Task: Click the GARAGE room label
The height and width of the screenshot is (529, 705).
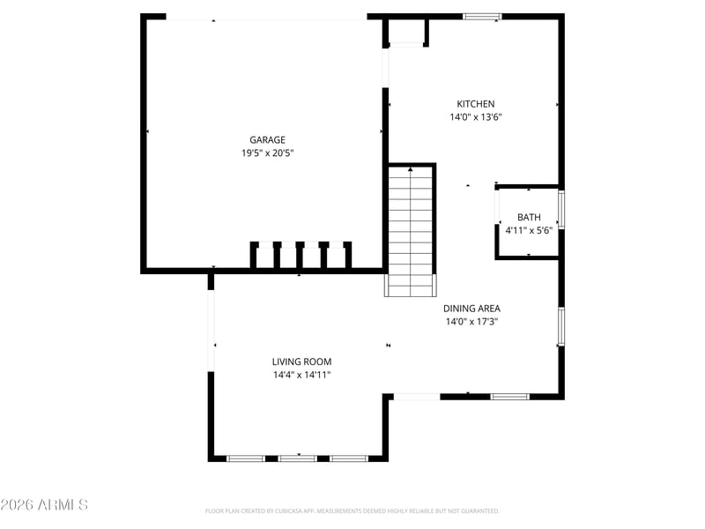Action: click(268, 140)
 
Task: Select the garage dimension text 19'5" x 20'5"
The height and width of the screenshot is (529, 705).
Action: click(268, 153)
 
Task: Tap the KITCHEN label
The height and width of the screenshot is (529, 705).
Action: click(476, 104)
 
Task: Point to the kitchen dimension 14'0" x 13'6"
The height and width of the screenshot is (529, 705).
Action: click(476, 117)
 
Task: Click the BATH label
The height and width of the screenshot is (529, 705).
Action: click(529, 217)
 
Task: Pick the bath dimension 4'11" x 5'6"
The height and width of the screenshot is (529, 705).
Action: click(529, 230)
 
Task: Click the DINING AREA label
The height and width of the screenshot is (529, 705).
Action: click(471, 309)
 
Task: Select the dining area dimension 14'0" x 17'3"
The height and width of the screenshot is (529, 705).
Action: click(471, 322)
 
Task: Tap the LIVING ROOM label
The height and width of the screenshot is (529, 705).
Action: click(301, 361)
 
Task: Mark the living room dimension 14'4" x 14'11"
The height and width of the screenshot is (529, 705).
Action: click(301, 375)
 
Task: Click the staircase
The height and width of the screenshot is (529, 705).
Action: click(411, 230)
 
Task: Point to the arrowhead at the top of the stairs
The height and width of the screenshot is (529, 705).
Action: click(411, 169)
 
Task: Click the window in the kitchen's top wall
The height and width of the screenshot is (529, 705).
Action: click(482, 17)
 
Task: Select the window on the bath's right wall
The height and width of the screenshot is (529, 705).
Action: click(561, 210)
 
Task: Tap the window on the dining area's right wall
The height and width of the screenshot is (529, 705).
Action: click(561, 325)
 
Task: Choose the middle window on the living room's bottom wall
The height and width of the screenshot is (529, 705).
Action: click(298, 458)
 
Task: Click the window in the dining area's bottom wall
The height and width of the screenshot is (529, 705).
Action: click(509, 396)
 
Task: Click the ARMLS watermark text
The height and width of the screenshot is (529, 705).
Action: click(44, 504)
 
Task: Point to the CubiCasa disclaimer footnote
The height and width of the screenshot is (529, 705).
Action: click(352, 511)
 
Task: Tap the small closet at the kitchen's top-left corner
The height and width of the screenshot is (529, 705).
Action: click(406, 31)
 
